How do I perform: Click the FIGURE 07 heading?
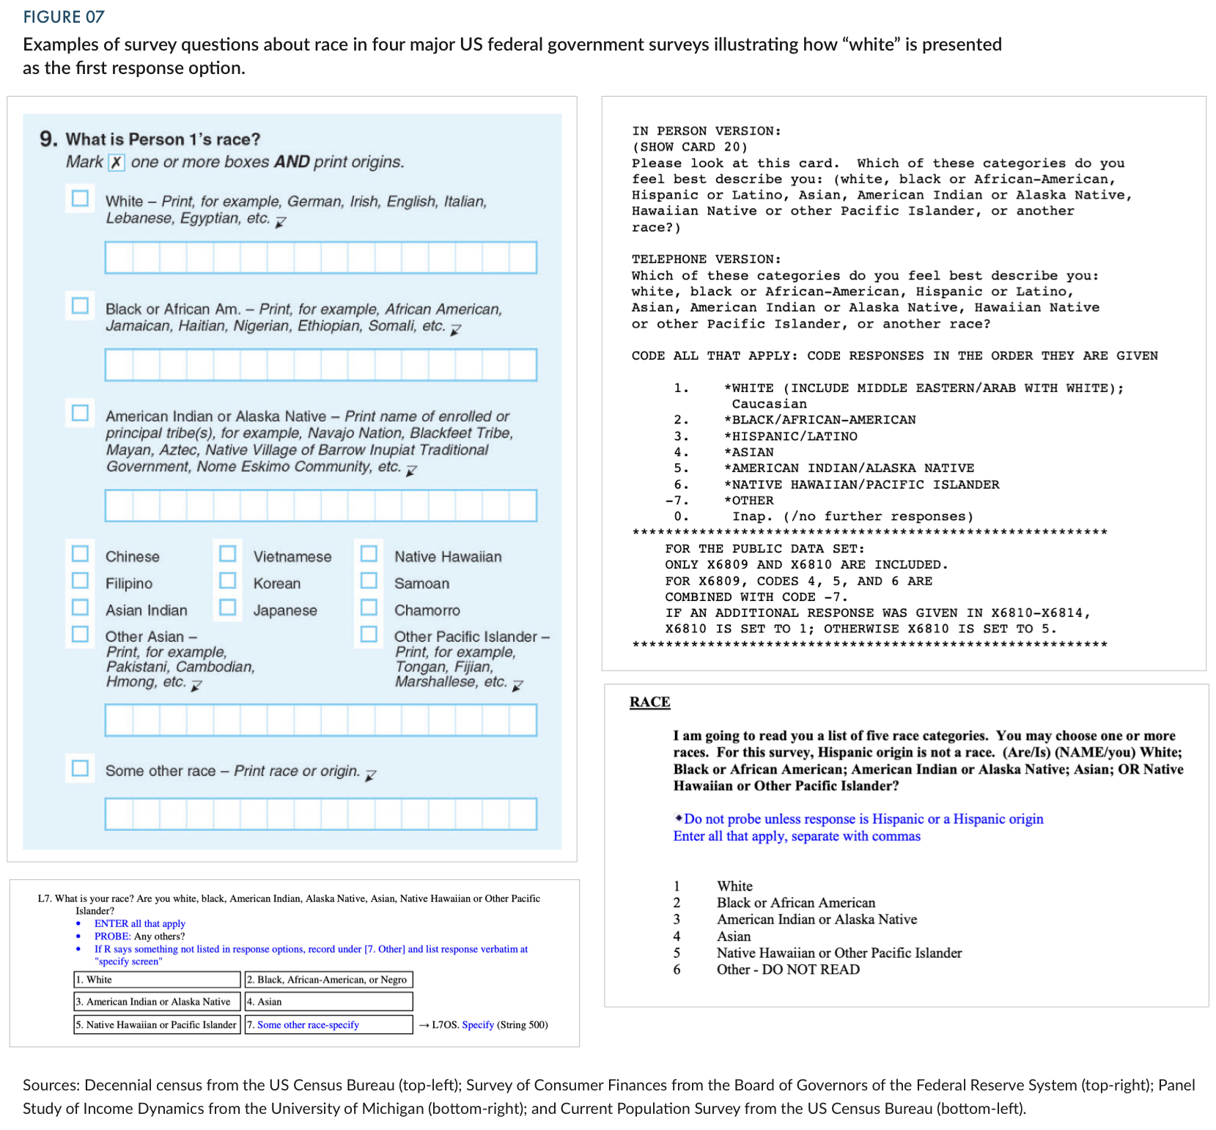pyautogui.click(x=64, y=17)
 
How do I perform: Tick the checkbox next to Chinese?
pyautogui.click(x=80, y=553)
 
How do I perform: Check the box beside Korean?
pyautogui.click(x=228, y=580)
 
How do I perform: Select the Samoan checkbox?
pyautogui.click(x=369, y=580)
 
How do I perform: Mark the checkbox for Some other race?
pyautogui.click(x=80, y=768)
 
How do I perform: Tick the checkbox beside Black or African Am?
pyautogui.click(x=80, y=306)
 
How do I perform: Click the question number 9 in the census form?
pyautogui.click(x=48, y=139)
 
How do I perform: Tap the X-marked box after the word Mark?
pyautogui.click(x=117, y=162)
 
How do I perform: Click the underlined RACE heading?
pyautogui.click(x=649, y=702)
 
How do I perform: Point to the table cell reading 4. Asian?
pyautogui.click(x=328, y=1002)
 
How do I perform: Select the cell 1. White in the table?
pyautogui.click(x=157, y=980)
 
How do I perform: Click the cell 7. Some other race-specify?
pyautogui.click(x=328, y=1024)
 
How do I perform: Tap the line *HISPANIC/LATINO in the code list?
pyautogui.click(x=790, y=436)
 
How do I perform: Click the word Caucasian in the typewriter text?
pyautogui.click(x=769, y=404)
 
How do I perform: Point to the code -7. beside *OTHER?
pyautogui.click(x=677, y=501)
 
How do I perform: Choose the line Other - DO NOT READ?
pyautogui.click(x=788, y=970)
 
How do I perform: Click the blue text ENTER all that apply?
pyautogui.click(x=139, y=923)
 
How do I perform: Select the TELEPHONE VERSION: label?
pyautogui.click(x=706, y=259)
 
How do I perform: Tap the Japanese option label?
pyautogui.click(x=285, y=610)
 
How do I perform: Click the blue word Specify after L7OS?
pyautogui.click(x=478, y=1024)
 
